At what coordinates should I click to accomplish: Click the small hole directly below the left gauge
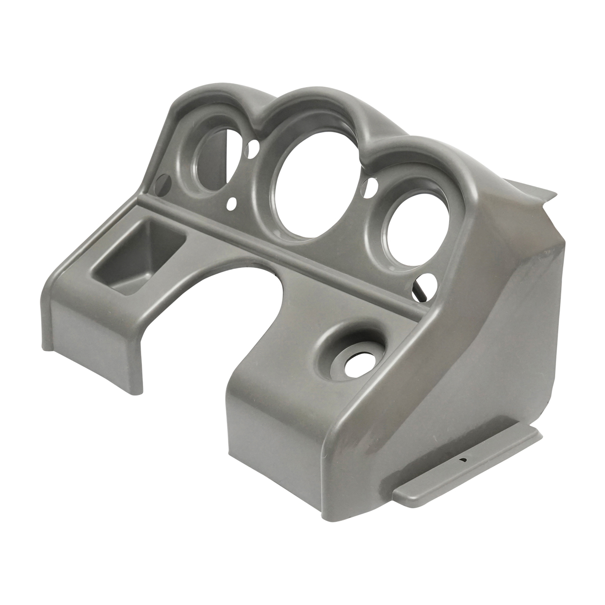pyautogui.click(x=232, y=204)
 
